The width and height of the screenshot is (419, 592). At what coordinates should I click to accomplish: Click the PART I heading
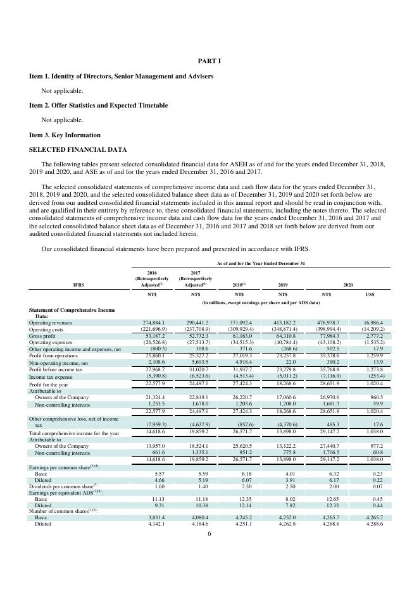pos(209,61)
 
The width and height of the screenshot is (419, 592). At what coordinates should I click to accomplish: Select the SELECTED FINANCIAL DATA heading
pos(78,149)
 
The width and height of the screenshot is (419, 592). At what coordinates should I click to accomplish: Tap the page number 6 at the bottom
pos(209,534)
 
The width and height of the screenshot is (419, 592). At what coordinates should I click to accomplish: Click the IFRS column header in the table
pos(78,285)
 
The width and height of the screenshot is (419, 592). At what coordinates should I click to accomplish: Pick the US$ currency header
pos(373,294)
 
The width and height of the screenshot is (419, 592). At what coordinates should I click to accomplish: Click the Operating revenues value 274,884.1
pos(152,323)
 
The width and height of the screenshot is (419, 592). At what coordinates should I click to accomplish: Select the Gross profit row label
pos(44,336)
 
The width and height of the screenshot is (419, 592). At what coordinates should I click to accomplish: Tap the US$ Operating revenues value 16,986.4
pos(373,323)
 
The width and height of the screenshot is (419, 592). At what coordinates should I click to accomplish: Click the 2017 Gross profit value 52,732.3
pos(195,336)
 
